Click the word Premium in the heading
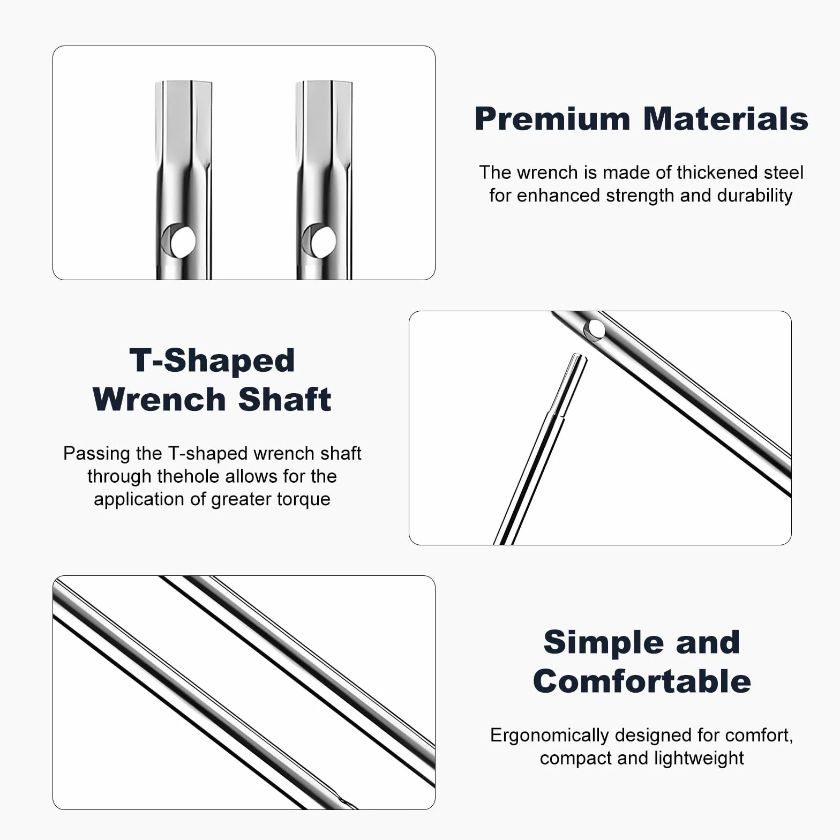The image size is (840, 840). (552, 119)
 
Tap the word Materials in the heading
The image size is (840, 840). (725, 119)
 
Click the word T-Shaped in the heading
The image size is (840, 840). (212, 360)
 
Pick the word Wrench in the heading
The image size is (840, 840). (159, 400)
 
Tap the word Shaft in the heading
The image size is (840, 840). (284, 400)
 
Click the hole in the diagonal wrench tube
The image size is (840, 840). (594, 329)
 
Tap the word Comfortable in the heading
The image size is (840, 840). (642, 681)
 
